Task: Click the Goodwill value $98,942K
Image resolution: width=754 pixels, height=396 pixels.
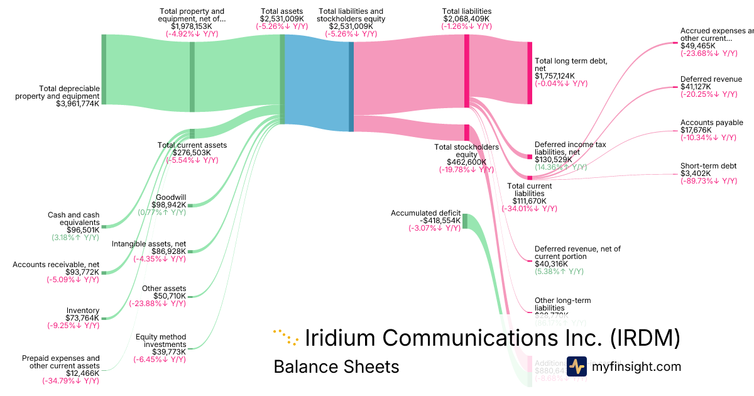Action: pos(169,205)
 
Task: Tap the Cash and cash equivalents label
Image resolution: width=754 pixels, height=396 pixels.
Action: pos(74,218)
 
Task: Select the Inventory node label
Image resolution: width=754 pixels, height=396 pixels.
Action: pos(82,311)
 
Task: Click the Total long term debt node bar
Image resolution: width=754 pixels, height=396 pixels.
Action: pos(529,72)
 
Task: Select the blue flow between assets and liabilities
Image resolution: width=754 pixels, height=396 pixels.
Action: pos(317,83)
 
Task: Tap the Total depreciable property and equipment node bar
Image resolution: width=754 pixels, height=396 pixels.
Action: pos(104,69)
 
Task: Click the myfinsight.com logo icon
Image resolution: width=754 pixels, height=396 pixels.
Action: pos(576,366)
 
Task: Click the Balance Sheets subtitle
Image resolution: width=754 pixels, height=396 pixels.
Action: pos(336,366)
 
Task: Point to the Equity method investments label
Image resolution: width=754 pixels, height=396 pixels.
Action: pos(161,340)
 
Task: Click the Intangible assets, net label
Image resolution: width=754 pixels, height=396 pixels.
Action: pos(149,243)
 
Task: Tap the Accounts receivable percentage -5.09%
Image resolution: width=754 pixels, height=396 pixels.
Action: pos(72,280)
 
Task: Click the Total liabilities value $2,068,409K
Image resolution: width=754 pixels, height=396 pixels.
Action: pos(466,19)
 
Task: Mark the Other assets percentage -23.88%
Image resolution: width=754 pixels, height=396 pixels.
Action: pos(157,304)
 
